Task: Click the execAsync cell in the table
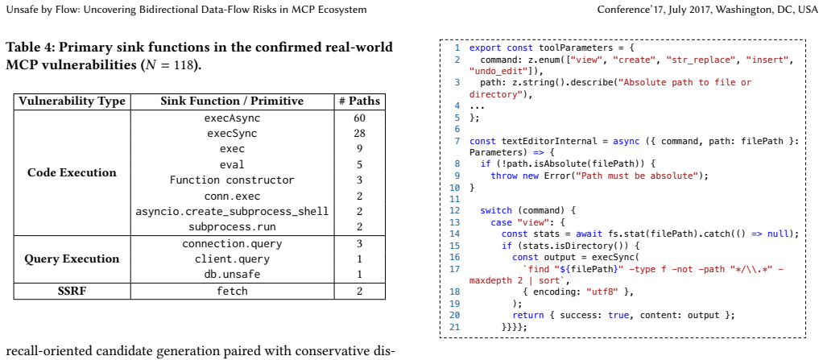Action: pyautogui.click(x=232, y=118)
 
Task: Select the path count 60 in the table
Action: pyautogui.click(x=359, y=118)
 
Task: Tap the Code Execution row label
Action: pyautogui.click(x=72, y=172)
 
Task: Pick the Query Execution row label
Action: pyautogui.click(x=72, y=259)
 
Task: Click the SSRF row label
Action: pyautogui.click(x=72, y=291)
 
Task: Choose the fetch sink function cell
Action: pyautogui.click(x=232, y=291)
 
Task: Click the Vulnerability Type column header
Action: pyautogui.click(x=72, y=101)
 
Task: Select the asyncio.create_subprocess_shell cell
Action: pyautogui.click(x=232, y=212)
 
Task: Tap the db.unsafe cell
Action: pyautogui.click(x=232, y=275)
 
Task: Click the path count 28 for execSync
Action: pyautogui.click(x=359, y=134)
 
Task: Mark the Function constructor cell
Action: pyautogui.click(x=232, y=180)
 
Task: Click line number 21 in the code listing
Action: pyautogui.click(x=454, y=326)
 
